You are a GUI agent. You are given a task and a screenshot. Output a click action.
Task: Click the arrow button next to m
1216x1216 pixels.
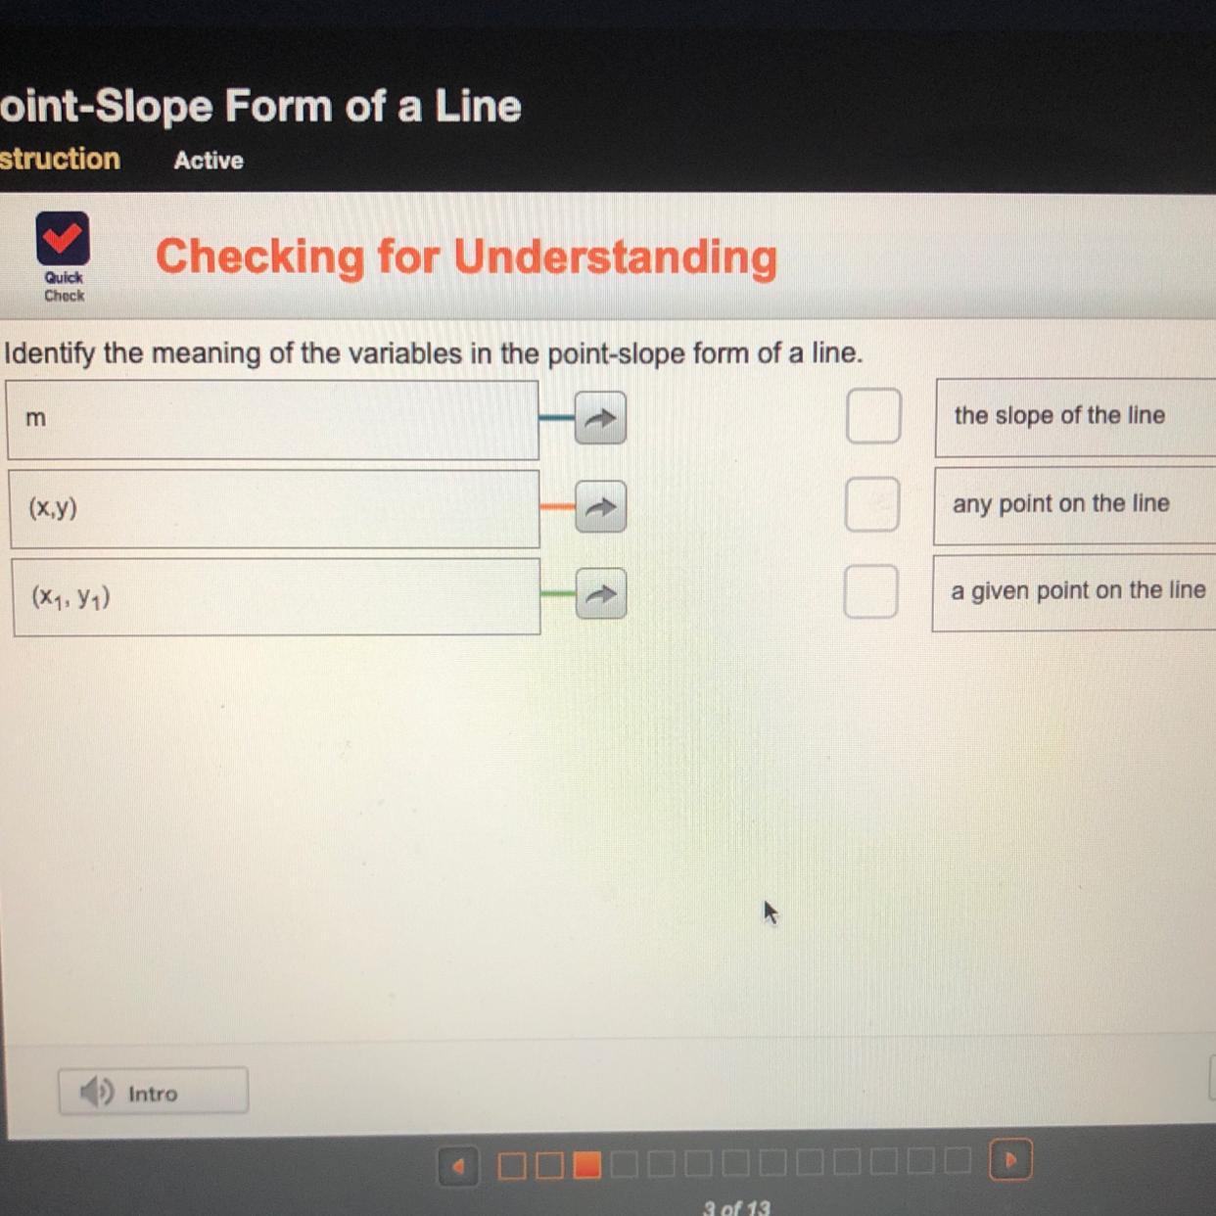click(x=599, y=418)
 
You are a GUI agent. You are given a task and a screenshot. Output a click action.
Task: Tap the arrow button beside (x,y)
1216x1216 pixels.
click(x=600, y=507)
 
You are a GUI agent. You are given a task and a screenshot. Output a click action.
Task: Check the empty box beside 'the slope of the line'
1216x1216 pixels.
click(x=873, y=416)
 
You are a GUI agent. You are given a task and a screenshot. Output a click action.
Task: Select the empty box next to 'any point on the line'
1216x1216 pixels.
click(x=872, y=504)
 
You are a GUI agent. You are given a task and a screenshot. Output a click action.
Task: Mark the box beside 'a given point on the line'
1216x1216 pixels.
click(x=870, y=591)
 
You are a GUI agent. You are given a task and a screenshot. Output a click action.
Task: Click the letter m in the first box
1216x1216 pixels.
click(x=36, y=418)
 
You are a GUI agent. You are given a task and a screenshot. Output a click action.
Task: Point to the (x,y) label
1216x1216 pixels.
click(x=53, y=507)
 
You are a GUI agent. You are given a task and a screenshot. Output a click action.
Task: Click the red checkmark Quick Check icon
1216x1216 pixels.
click(x=63, y=238)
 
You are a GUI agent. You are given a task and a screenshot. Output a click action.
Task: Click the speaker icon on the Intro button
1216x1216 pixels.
click(x=97, y=1092)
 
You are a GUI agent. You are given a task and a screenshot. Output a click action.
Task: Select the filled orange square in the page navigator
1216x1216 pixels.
click(x=586, y=1165)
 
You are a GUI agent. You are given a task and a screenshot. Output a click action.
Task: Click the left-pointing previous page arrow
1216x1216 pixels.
click(x=458, y=1166)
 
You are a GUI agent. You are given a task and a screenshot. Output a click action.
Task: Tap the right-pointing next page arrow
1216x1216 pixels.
click(x=1011, y=1160)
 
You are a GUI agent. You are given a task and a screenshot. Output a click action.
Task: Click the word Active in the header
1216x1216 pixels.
click(x=209, y=161)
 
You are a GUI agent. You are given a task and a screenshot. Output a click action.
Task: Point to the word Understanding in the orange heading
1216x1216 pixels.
click(x=615, y=257)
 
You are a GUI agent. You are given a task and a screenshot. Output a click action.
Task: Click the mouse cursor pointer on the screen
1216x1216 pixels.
click(x=770, y=912)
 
